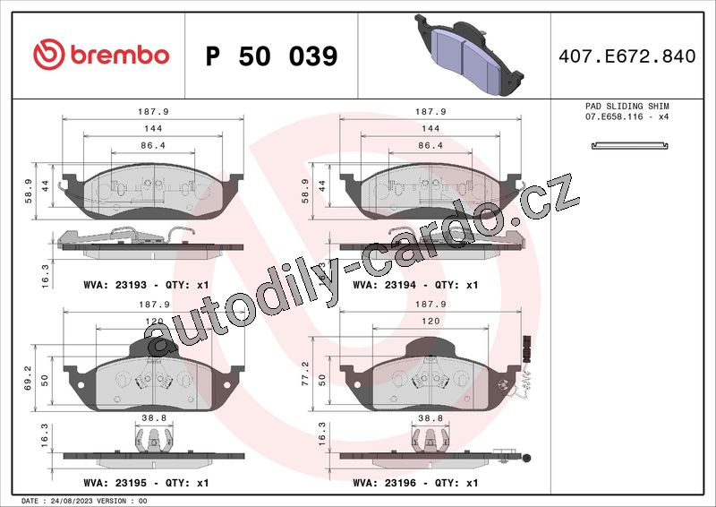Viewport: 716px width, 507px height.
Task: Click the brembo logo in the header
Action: point(101,55)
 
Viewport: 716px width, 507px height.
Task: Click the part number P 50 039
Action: point(272,56)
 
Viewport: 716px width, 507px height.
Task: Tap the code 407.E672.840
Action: point(627,56)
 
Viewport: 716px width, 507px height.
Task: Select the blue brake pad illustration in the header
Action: point(469,55)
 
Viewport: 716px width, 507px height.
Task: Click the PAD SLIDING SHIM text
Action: point(627,106)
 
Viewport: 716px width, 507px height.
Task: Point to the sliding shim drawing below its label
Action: point(630,146)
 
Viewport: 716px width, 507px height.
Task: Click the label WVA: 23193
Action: point(115,285)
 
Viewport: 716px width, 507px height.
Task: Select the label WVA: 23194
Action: point(385,285)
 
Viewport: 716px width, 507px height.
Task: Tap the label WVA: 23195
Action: point(115,483)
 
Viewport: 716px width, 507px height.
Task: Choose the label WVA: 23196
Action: point(385,483)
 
